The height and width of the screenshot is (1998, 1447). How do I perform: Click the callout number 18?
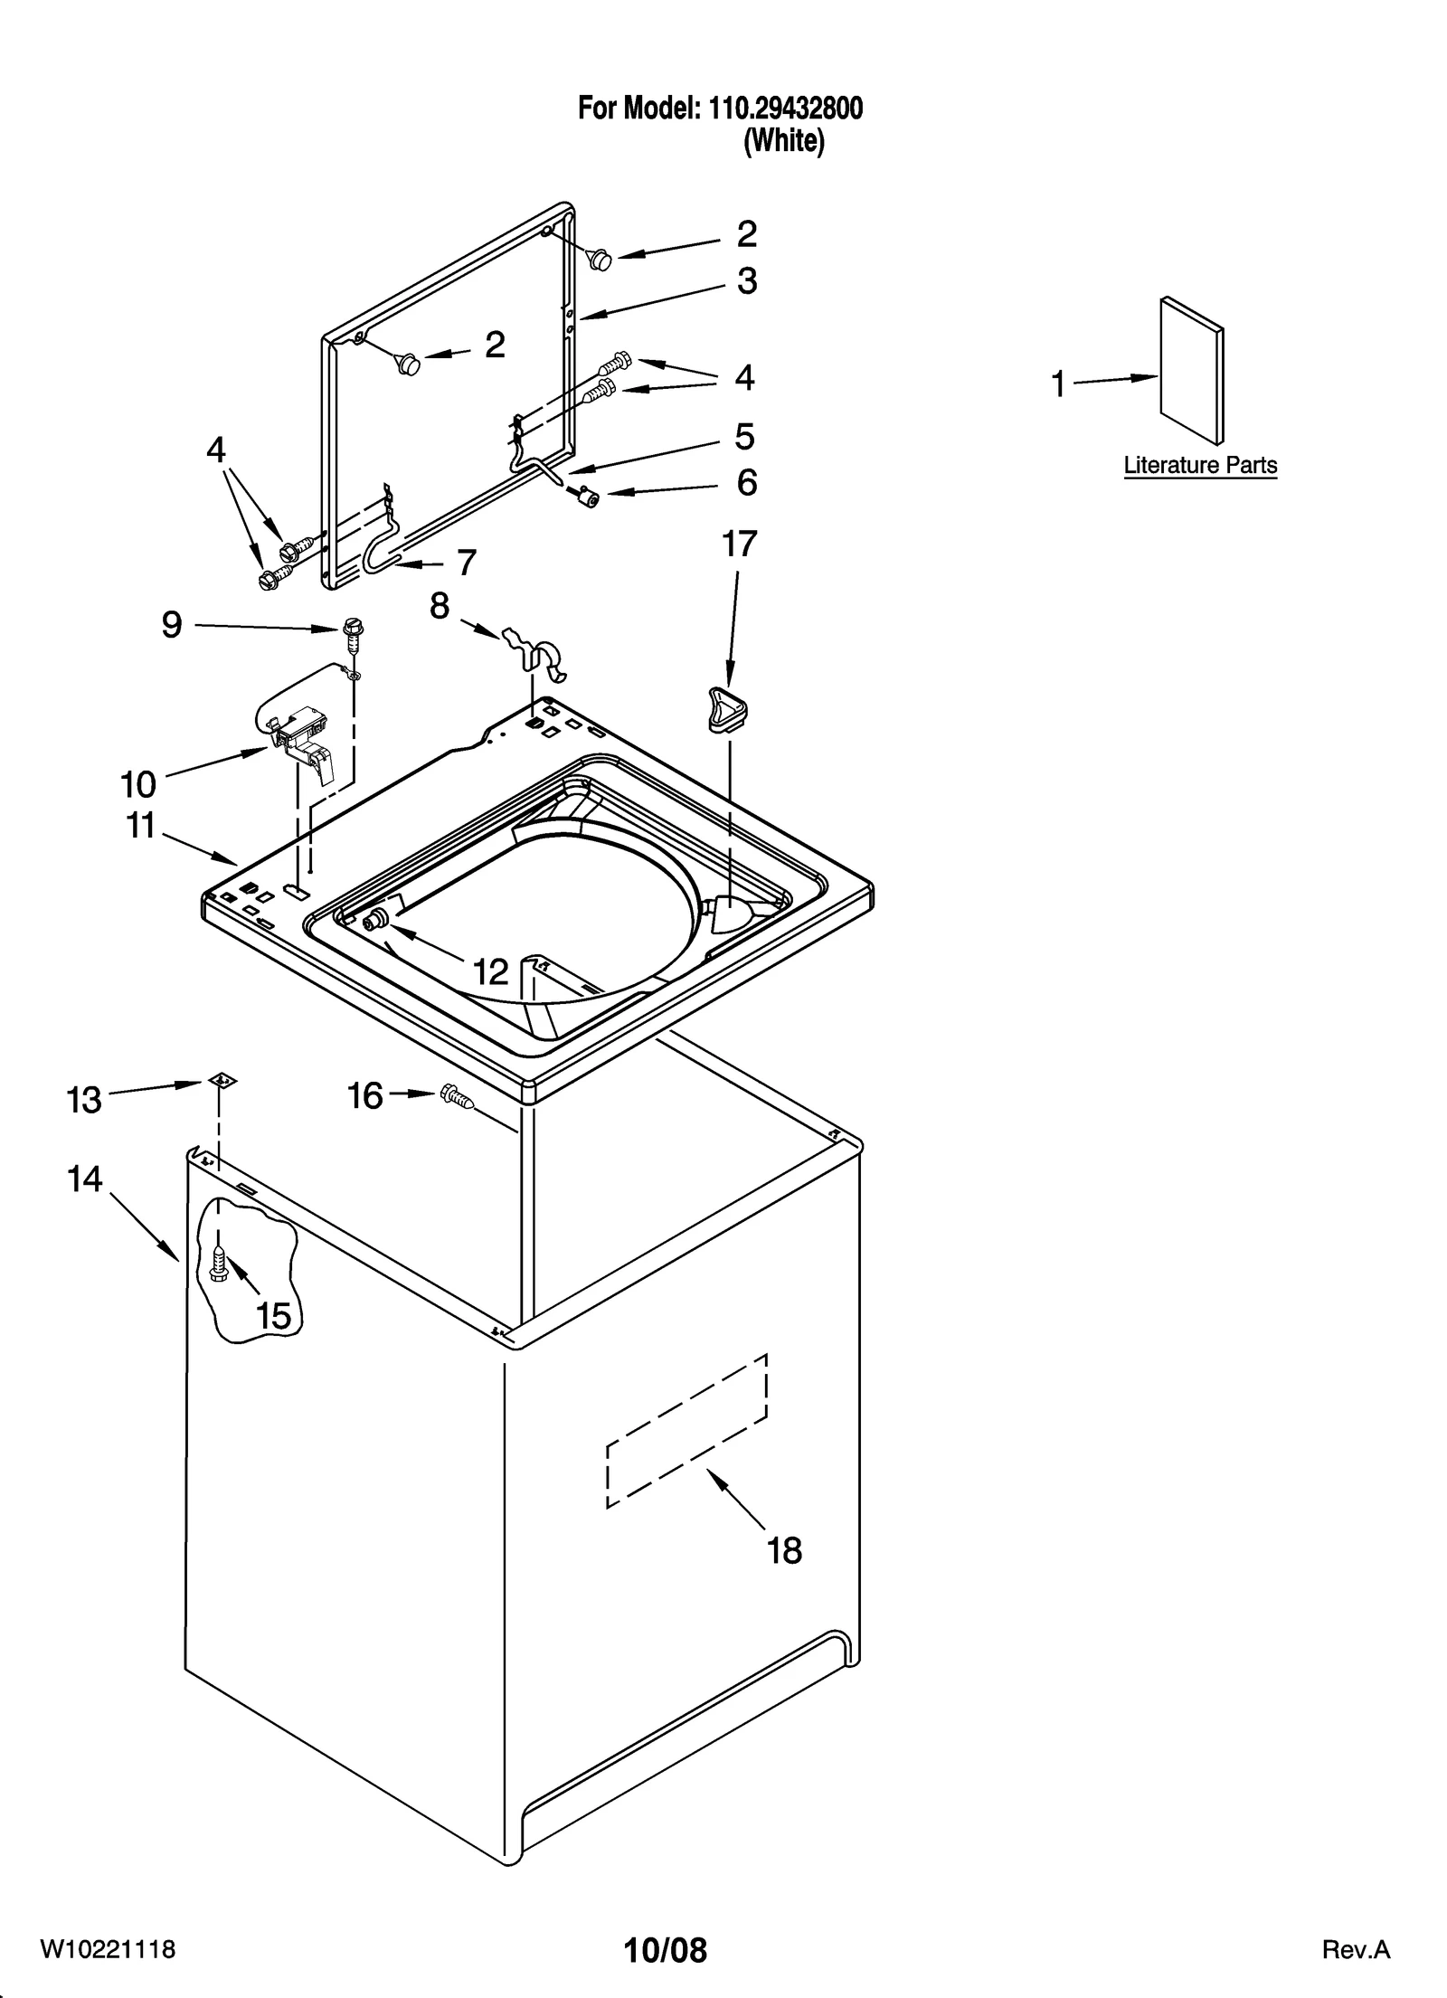coord(783,1550)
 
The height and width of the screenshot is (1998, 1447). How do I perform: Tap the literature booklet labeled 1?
coord(1192,372)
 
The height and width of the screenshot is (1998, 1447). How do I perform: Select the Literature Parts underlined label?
coord(1199,466)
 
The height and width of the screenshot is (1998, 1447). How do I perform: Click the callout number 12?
coord(491,972)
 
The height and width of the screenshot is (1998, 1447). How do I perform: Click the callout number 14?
coord(84,1179)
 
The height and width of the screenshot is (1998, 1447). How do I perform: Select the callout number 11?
coord(141,825)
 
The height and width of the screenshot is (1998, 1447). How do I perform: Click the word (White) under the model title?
coord(783,142)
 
